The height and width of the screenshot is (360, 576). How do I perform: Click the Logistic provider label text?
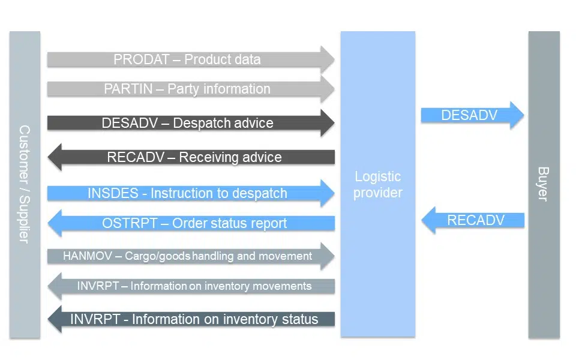point(377,185)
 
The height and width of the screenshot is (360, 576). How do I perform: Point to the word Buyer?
point(543,184)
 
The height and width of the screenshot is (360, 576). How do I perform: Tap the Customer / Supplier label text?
point(25,184)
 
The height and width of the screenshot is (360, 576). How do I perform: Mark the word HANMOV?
point(84,256)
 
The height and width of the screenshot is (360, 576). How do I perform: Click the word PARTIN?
point(127,89)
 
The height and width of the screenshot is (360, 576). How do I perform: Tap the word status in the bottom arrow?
point(298,319)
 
